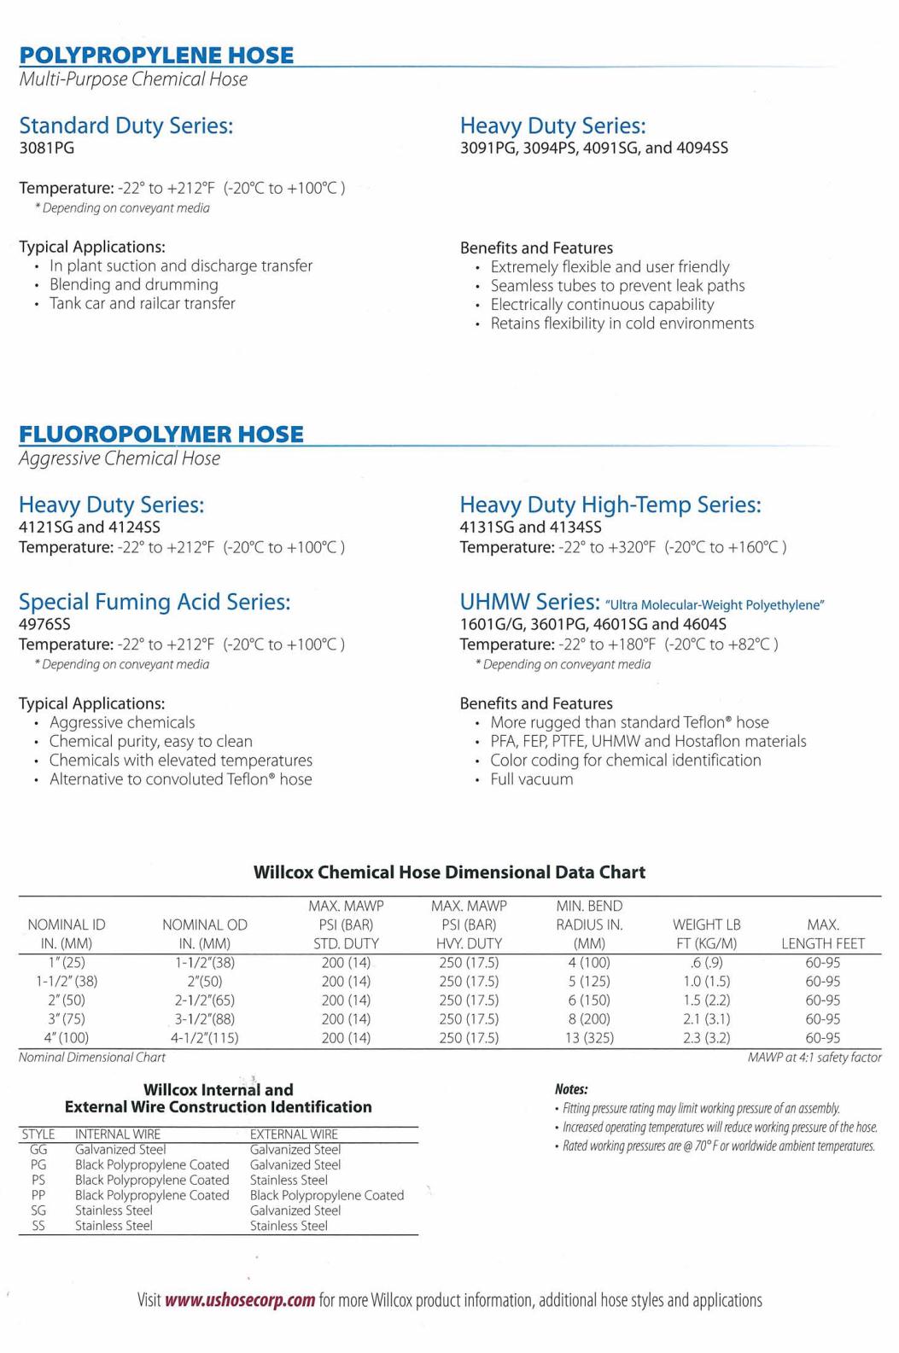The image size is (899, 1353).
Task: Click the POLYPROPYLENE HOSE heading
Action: click(156, 55)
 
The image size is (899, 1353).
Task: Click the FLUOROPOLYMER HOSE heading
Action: click(161, 434)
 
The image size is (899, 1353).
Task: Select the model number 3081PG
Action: click(46, 148)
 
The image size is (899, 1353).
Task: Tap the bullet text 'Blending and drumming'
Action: click(133, 284)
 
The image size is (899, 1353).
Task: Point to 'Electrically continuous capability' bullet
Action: click(602, 305)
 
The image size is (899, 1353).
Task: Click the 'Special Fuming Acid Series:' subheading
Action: click(155, 602)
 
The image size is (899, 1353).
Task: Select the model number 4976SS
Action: click(44, 624)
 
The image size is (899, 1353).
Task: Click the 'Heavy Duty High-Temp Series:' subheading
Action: click(610, 504)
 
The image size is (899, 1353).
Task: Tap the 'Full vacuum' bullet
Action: click(531, 779)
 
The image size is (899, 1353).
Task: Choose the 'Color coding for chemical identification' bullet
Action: click(625, 761)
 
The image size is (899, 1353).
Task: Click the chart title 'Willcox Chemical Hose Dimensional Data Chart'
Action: click(449, 872)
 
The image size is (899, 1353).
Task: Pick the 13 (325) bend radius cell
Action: click(589, 1038)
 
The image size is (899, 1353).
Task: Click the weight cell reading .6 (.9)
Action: click(706, 963)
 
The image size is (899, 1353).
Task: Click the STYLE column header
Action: click(38, 1134)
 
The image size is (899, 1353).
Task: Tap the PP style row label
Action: click(38, 1195)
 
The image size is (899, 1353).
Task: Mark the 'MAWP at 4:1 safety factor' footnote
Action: click(814, 1058)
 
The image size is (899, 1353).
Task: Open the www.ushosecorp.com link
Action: click(240, 1301)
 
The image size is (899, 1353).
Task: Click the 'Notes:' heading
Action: click(571, 1089)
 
